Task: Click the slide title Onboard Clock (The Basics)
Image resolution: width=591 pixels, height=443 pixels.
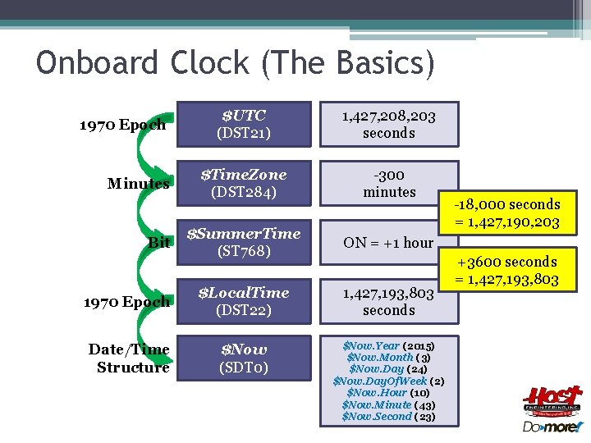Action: [x=236, y=64]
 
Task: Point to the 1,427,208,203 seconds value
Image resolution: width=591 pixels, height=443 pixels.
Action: [x=389, y=124]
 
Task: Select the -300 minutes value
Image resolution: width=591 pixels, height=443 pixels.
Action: [x=389, y=183]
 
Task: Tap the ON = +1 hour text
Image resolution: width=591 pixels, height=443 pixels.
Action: [x=388, y=243]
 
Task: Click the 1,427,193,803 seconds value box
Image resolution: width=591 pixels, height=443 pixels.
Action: [x=389, y=301]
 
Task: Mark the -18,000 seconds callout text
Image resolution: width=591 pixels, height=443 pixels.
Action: [x=510, y=213]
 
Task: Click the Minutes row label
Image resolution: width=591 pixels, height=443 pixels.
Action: [x=138, y=183]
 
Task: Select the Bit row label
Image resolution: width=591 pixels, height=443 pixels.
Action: [x=159, y=243]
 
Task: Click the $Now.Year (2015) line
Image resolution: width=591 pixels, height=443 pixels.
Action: [x=389, y=346]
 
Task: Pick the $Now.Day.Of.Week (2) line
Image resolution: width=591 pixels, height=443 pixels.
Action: [x=389, y=381]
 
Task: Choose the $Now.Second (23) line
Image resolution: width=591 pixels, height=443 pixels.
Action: [x=389, y=416]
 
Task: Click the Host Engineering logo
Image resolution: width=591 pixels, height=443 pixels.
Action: [x=552, y=400]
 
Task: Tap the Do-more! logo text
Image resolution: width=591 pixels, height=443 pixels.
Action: [x=552, y=427]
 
